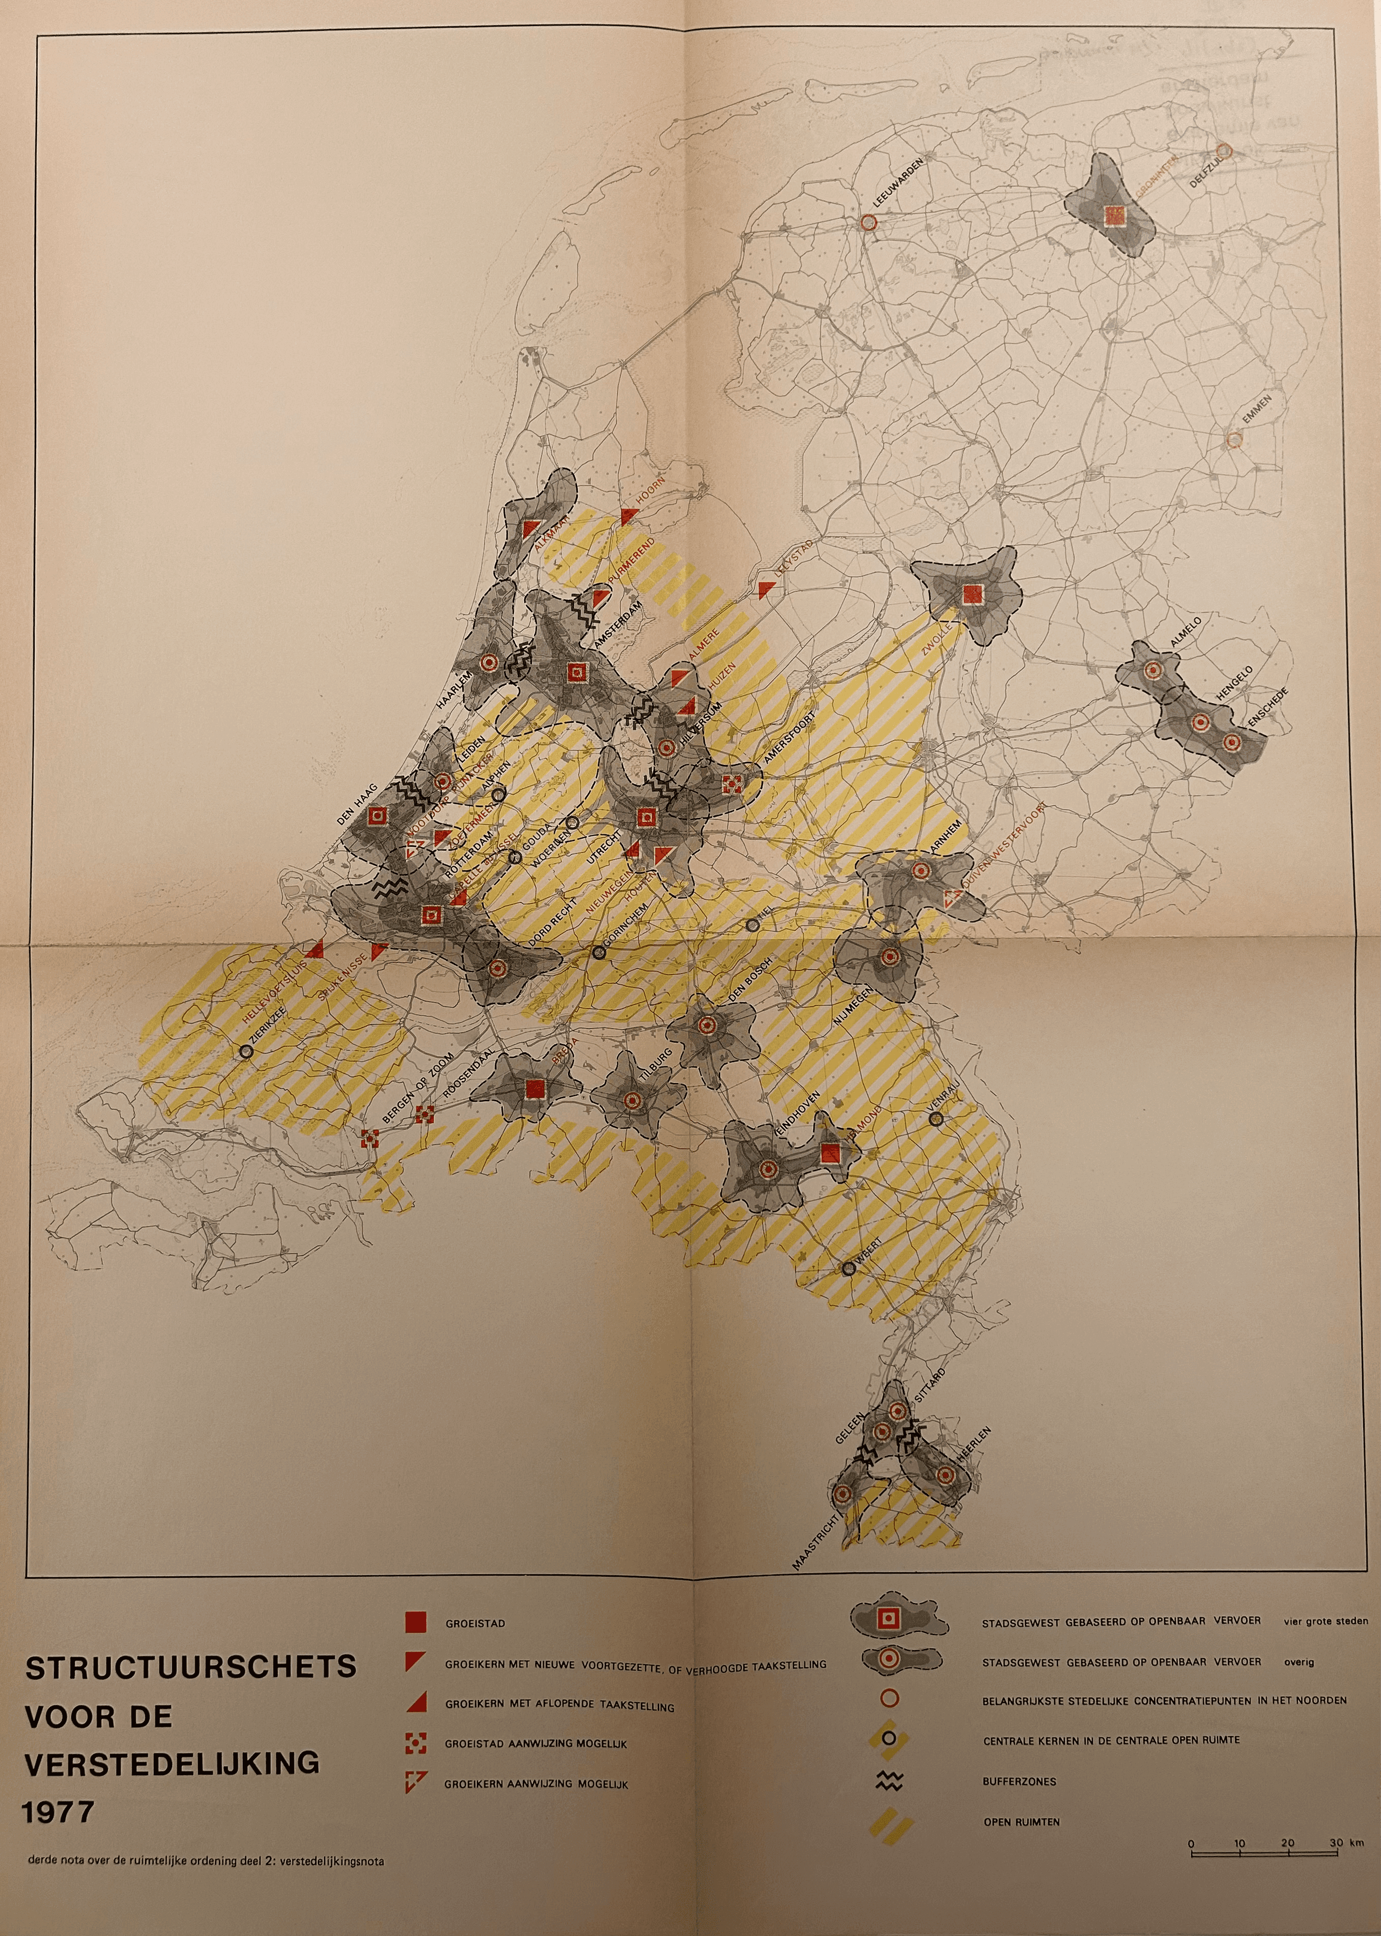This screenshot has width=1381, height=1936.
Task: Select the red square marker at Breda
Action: coord(534,1089)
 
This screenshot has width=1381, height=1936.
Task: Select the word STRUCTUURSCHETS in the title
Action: coord(190,1667)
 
